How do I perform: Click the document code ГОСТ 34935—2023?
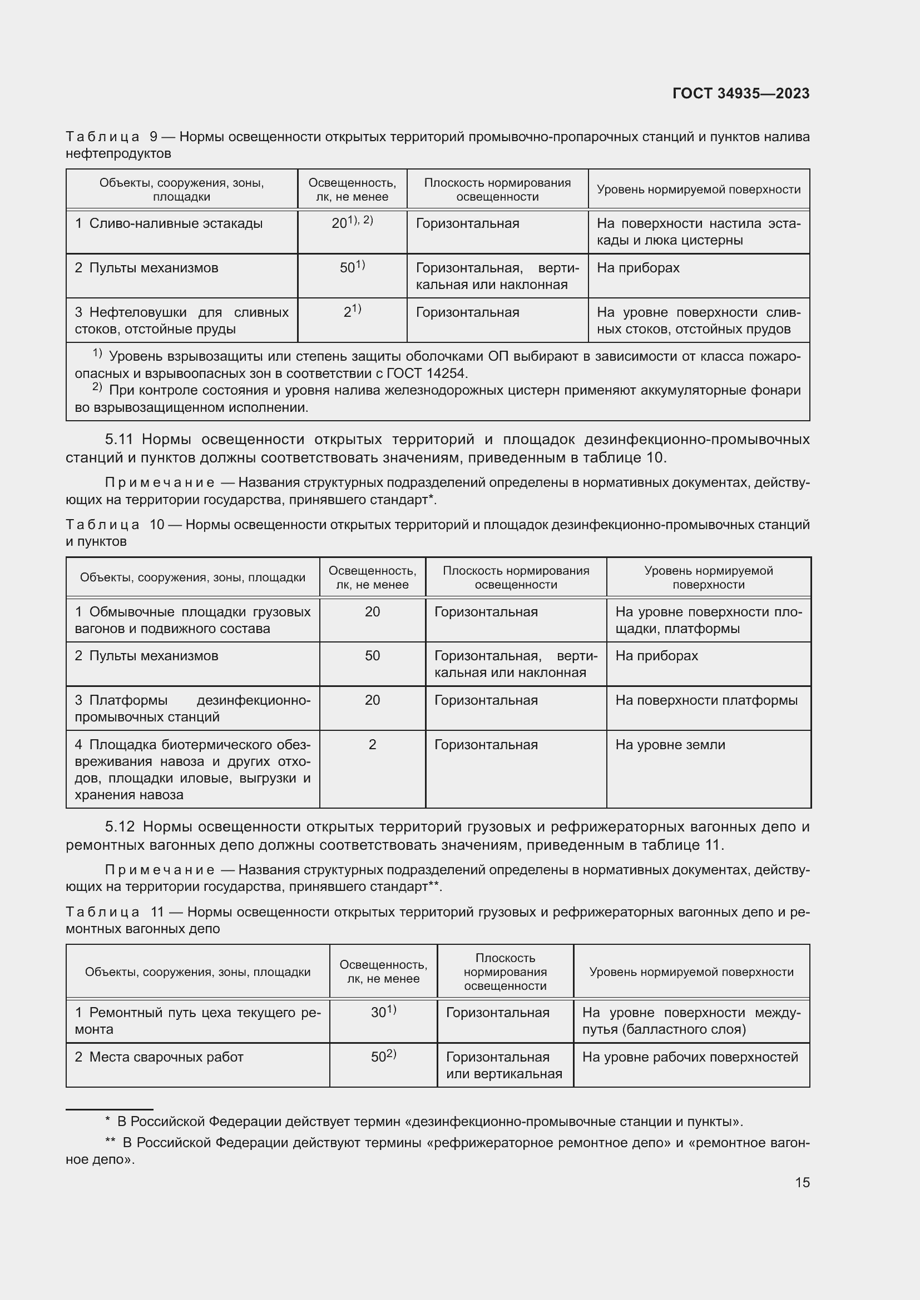coord(740,93)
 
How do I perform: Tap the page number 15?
coord(802,1182)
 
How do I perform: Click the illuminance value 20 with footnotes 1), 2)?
coord(352,222)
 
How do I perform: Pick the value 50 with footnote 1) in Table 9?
coord(352,267)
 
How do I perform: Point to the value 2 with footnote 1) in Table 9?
coord(352,311)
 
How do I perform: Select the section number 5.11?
coord(119,440)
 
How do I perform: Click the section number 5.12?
coord(120,826)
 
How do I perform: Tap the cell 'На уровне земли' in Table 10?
coord(670,745)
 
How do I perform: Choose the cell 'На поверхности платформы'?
coord(706,700)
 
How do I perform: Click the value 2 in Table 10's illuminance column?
coord(372,745)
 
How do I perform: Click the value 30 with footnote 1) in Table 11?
coord(383,1012)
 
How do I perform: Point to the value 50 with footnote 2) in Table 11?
coord(383,1057)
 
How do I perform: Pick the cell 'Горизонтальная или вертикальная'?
coord(503,1065)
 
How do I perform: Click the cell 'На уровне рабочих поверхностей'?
coord(689,1057)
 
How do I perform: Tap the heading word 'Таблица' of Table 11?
coord(102,912)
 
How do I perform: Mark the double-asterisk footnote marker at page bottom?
coord(110,1143)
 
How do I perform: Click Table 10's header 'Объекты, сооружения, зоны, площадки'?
coord(192,577)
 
